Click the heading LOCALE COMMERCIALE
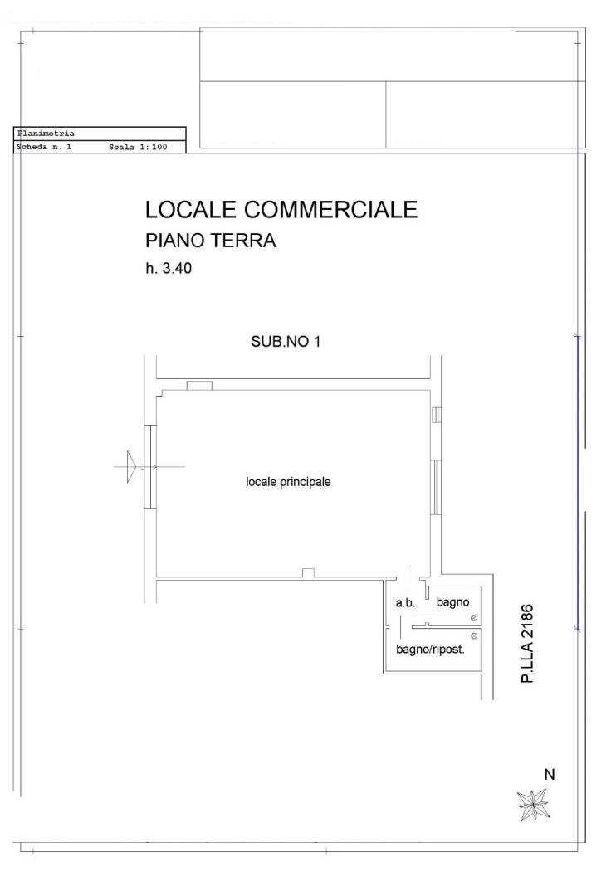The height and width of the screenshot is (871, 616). coord(281,209)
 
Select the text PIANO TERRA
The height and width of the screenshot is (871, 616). coord(211,241)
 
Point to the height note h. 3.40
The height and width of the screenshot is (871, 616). coord(169,268)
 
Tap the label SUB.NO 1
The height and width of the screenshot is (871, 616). coord(286,341)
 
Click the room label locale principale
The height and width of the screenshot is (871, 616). coord(288,482)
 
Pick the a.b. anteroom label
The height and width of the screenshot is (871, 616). coord(405,602)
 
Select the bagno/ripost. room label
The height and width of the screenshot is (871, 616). coord(430,649)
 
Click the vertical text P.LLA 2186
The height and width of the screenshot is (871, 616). coord(527,644)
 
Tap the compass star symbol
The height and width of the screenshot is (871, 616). coord(533,805)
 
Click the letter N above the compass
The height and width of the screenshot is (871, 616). coord(550,774)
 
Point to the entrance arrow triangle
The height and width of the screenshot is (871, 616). coord(131,466)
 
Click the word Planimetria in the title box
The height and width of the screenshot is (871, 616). coord(46,134)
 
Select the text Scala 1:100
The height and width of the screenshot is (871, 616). coord(138,147)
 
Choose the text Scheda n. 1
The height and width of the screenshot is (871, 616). coord(44,147)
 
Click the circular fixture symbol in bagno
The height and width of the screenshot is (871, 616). coord(474,618)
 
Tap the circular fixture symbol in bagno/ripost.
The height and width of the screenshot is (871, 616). coord(474,636)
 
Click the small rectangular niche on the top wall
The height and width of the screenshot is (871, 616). coord(199,386)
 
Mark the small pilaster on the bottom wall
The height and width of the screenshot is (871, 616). coord(308,573)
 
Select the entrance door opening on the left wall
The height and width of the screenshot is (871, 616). coord(150,466)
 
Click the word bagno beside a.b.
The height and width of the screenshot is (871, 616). coord(452,602)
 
